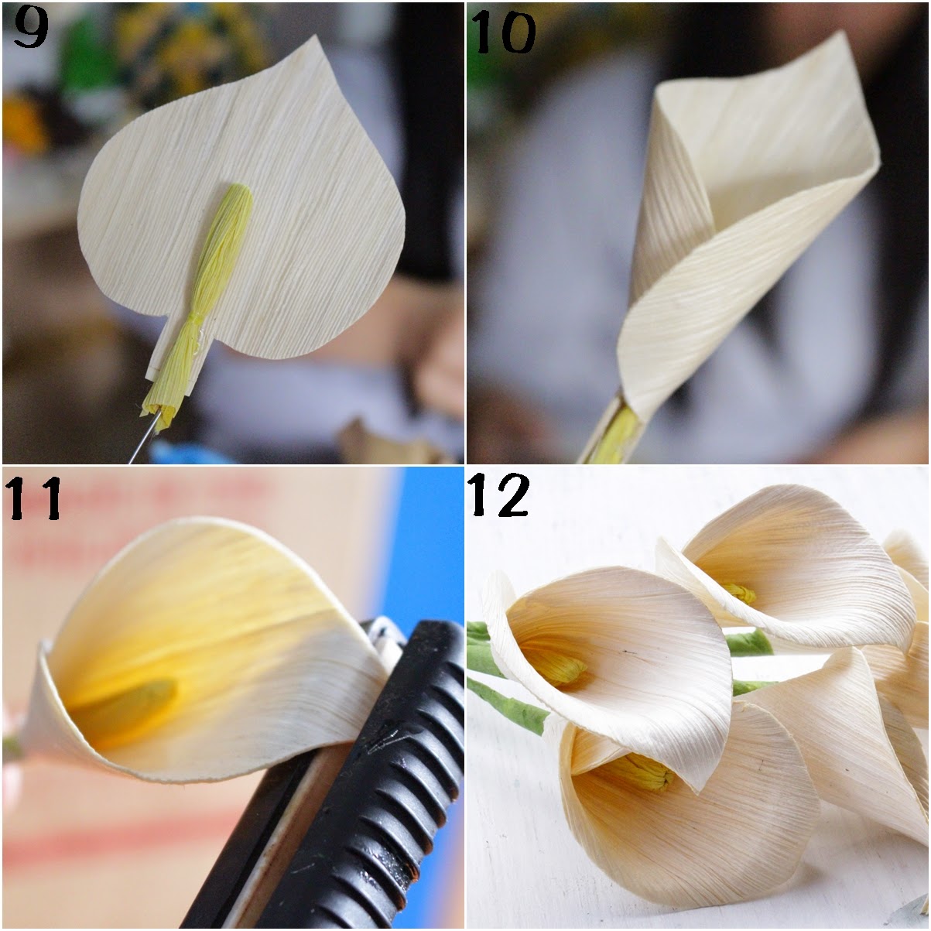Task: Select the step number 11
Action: pos(34,499)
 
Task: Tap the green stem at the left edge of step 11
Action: pos(9,747)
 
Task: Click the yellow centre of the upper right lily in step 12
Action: pos(741,594)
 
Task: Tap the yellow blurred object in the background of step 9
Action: pos(23,124)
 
